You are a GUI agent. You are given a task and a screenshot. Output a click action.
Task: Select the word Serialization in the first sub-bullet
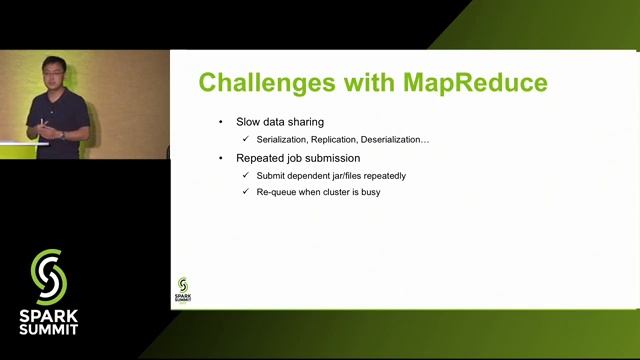coord(287,139)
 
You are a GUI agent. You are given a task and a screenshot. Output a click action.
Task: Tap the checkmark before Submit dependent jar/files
coord(246,176)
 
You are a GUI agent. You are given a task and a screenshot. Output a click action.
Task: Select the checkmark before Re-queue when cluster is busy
coord(246,191)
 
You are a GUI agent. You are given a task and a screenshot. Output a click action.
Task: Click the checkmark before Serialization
coord(246,139)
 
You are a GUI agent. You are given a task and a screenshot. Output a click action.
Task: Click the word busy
coord(369,191)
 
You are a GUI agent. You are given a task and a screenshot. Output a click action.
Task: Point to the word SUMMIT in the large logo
coord(48,327)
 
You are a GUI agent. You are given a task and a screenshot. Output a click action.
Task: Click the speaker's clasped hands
coord(46,127)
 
